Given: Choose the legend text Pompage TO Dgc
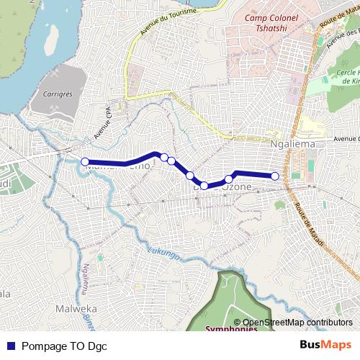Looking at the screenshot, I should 64,346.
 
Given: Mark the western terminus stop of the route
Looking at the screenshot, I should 85,162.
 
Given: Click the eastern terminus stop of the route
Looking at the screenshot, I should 274,176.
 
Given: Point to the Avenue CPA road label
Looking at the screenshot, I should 101,122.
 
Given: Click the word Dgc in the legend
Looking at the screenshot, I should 96,346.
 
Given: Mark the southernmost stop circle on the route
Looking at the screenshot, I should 204,186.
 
